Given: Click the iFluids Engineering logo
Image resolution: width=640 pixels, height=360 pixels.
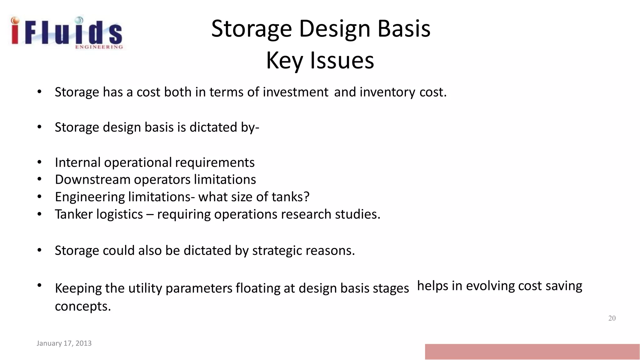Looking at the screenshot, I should [x=66, y=33].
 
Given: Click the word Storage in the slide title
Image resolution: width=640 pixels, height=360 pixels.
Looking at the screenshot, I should [x=251, y=29].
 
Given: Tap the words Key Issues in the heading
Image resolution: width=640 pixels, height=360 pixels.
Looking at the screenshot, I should [x=320, y=60].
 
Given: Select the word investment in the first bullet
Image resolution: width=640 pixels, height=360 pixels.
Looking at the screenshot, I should [x=295, y=92].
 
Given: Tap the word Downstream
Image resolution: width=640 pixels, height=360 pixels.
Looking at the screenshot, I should [x=92, y=180].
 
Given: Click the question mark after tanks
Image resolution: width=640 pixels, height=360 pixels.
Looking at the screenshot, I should [x=307, y=197].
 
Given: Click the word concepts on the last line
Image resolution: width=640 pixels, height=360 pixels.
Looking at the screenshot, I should [x=83, y=306].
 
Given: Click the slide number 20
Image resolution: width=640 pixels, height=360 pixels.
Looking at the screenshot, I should [x=612, y=318].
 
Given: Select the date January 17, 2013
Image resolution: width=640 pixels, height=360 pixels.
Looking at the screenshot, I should [x=64, y=343].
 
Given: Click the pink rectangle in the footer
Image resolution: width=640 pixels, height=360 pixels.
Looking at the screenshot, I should [x=532, y=352].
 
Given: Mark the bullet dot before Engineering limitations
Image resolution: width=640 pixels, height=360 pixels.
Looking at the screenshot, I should [x=39, y=197].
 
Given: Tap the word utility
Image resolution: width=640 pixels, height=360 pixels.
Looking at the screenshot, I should [x=145, y=288].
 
